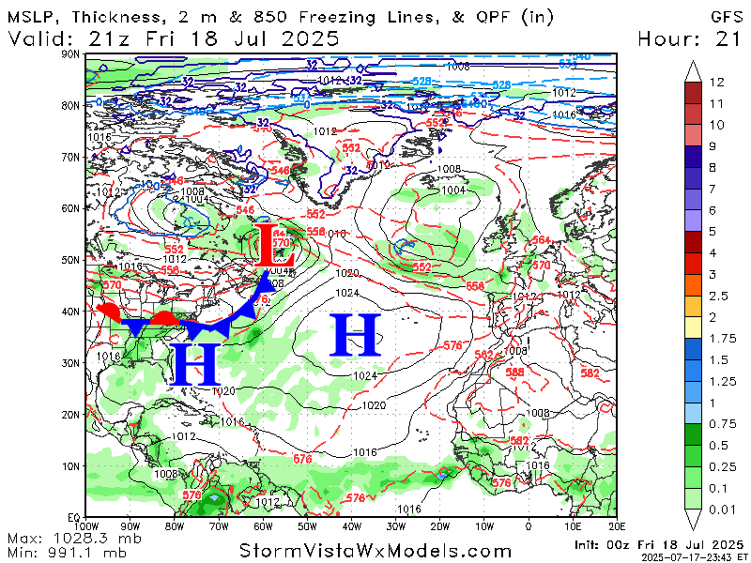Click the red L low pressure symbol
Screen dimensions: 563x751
(277, 245)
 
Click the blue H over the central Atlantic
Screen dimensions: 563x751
(356, 335)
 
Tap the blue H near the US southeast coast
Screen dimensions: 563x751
(195, 364)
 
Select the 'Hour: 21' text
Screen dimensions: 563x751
(689, 38)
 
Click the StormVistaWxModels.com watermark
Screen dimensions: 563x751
(375, 552)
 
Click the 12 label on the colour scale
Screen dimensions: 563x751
(717, 83)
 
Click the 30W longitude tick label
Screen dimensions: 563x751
(396, 526)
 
